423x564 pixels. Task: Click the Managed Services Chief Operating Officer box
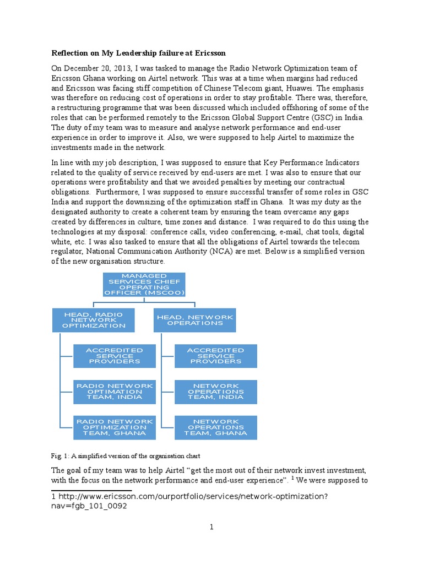tap(143, 284)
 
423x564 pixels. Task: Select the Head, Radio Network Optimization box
tap(93, 320)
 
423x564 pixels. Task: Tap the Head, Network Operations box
tap(194, 320)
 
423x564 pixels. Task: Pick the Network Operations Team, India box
tap(215, 391)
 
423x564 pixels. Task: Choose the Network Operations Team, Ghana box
tap(215, 427)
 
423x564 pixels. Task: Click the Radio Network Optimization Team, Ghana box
tap(115, 427)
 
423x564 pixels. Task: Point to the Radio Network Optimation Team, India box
tap(115, 391)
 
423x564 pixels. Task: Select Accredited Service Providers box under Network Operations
tap(215, 356)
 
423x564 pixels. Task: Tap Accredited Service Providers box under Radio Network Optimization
tap(115, 356)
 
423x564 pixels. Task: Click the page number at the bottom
tap(211, 527)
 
